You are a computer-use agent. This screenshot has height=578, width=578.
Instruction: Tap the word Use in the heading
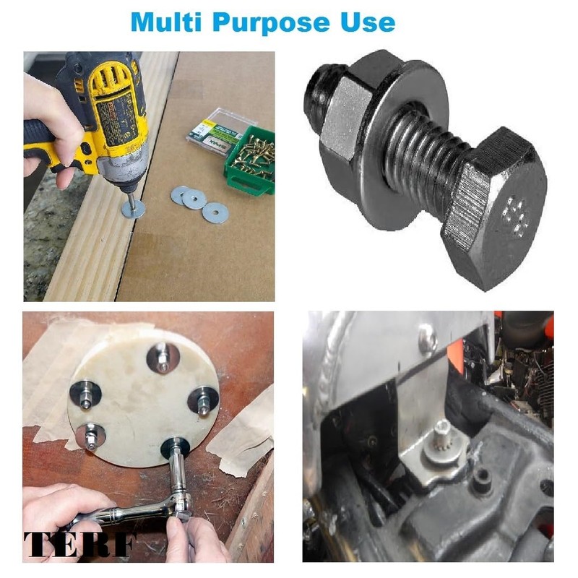(368, 22)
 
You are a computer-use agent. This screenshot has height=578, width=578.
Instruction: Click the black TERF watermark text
(79, 543)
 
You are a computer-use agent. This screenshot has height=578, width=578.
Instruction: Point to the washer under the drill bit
(133, 210)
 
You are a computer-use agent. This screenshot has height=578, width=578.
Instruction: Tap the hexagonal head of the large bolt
(496, 207)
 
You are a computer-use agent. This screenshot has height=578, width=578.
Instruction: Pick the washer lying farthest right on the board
(215, 212)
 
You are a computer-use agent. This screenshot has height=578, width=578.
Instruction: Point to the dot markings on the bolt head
(515, 216)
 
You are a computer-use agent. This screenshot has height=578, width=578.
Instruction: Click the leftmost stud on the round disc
(85, 394)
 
